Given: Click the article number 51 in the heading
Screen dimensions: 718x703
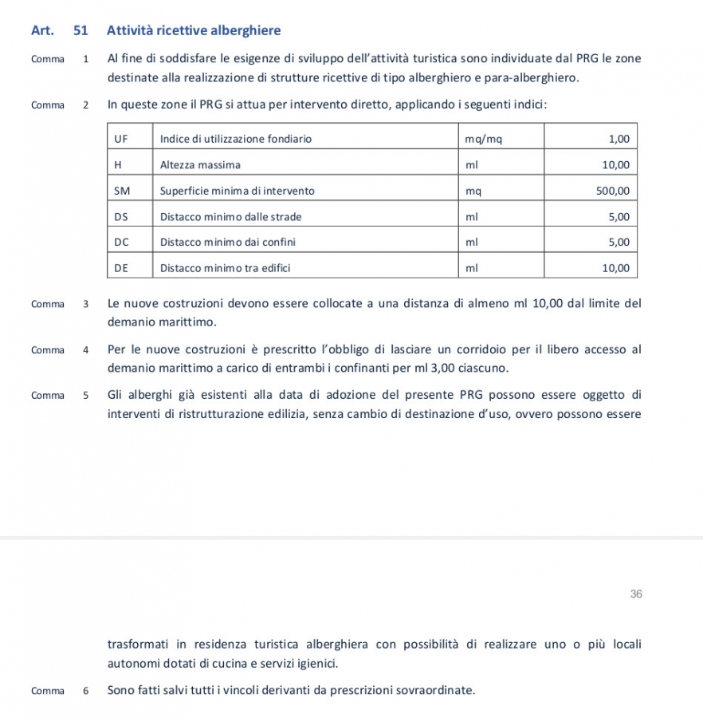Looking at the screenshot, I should [x=80, y=31].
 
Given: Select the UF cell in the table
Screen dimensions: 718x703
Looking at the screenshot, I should [x=121, y=139].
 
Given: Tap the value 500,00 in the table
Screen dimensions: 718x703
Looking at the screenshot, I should [x=613, y=191].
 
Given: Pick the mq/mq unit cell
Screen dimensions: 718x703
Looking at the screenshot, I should [x=484, y=139].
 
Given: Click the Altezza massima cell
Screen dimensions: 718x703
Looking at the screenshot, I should [x=200, y=165].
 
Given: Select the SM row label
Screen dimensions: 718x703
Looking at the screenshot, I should [x=122, y=191].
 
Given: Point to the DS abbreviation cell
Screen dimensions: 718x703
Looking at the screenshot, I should [x=121, y=216].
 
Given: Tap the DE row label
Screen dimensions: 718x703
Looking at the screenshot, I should [x=121, y=268].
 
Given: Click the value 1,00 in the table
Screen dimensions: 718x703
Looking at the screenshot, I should [x=619, y=139].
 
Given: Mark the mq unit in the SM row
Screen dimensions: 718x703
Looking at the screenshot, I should [x=473, y=191].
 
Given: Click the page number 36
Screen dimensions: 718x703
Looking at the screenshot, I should [x=635, y=594].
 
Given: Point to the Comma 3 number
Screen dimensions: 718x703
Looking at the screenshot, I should [x=85, y=304].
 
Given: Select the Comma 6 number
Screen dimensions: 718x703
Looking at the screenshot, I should [x=85, y=691].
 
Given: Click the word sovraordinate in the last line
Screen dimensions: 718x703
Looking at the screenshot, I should [x=434, y=690].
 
